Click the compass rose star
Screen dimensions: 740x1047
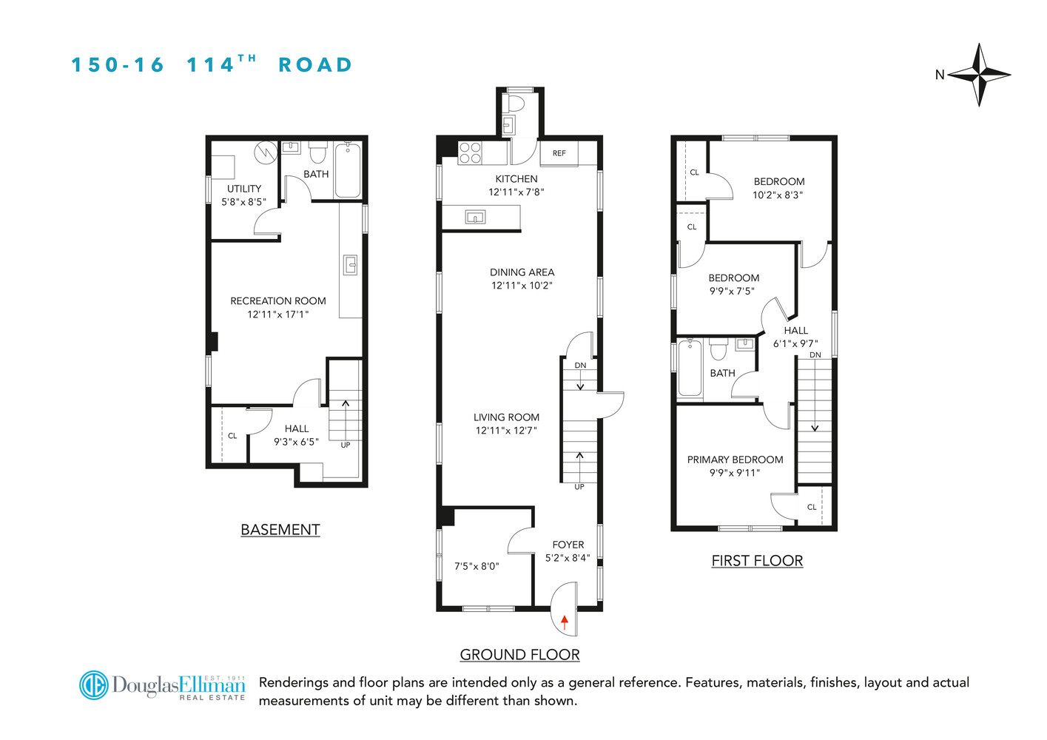979,75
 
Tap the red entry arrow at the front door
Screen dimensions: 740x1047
565,622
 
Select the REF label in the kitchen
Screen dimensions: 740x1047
559,153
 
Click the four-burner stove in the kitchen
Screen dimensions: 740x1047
470,153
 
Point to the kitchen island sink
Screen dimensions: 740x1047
475,217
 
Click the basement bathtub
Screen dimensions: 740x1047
348,171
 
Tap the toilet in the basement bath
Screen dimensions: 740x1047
318,152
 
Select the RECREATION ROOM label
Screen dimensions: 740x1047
278,301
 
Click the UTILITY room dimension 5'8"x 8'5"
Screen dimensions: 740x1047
244,202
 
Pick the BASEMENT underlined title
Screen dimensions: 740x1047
280,530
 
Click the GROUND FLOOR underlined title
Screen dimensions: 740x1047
519,655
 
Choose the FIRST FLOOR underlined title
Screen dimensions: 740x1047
757,561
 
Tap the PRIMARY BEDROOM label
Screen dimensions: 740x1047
735,460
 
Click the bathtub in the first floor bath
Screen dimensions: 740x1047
690,368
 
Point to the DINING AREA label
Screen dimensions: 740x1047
522,272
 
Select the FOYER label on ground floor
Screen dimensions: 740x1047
568,545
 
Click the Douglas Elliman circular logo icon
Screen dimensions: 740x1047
94,685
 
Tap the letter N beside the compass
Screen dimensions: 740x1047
940,75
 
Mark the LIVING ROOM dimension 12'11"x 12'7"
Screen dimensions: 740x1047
506,431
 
